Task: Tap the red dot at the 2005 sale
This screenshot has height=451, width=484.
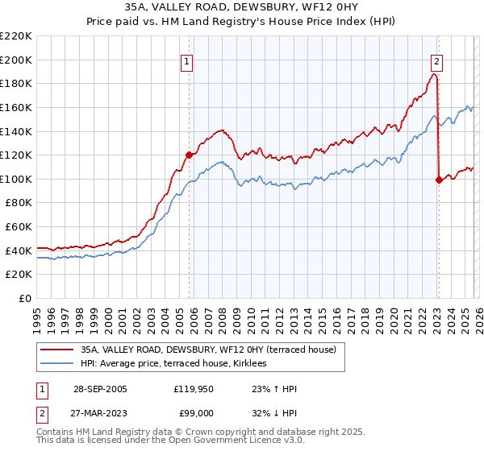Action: tap(190, 155)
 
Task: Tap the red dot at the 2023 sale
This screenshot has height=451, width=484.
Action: tap(439, 180)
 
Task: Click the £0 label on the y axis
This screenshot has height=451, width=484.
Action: tap(24, 298)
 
